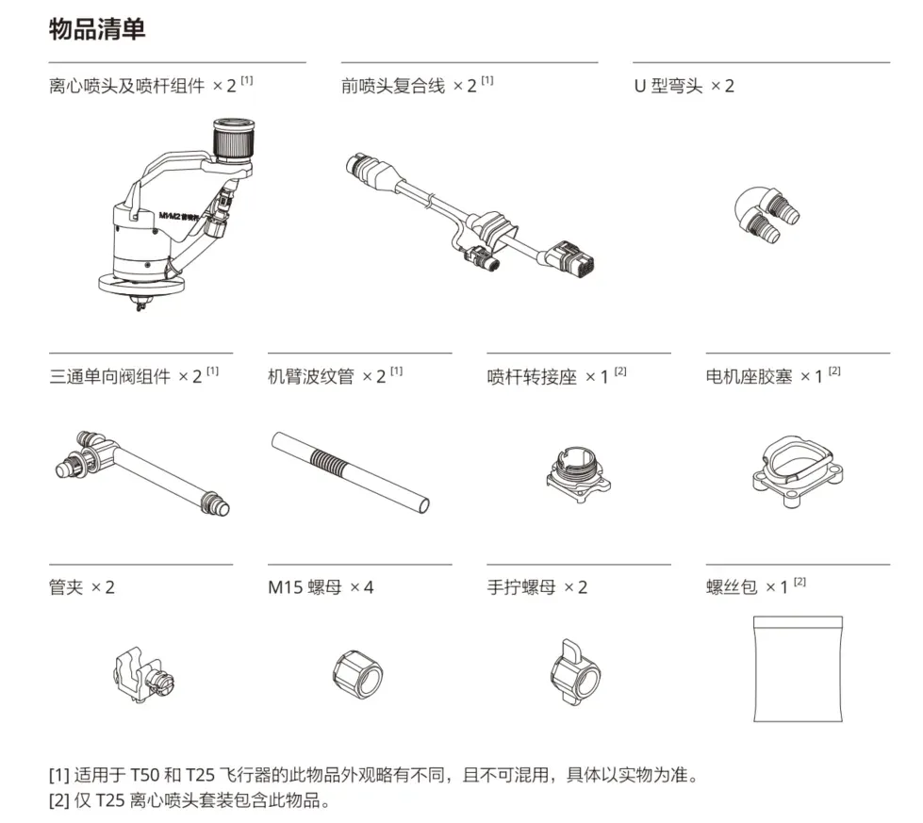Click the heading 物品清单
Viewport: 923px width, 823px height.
96,29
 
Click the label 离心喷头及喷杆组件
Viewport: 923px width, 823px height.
126,86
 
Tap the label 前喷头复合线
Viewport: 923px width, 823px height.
393,86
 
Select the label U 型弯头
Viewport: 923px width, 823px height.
668,86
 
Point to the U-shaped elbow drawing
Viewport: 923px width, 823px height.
766,215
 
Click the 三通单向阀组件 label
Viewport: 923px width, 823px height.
110,376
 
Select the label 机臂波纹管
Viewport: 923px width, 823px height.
311,376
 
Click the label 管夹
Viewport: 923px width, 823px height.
66,587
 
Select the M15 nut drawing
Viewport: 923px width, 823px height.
358,675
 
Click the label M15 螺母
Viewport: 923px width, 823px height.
305,587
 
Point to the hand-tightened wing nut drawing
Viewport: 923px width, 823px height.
575,673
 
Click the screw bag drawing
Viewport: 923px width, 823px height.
798,668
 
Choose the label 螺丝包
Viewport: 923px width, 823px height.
732,587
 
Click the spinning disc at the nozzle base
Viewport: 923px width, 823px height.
141,286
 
